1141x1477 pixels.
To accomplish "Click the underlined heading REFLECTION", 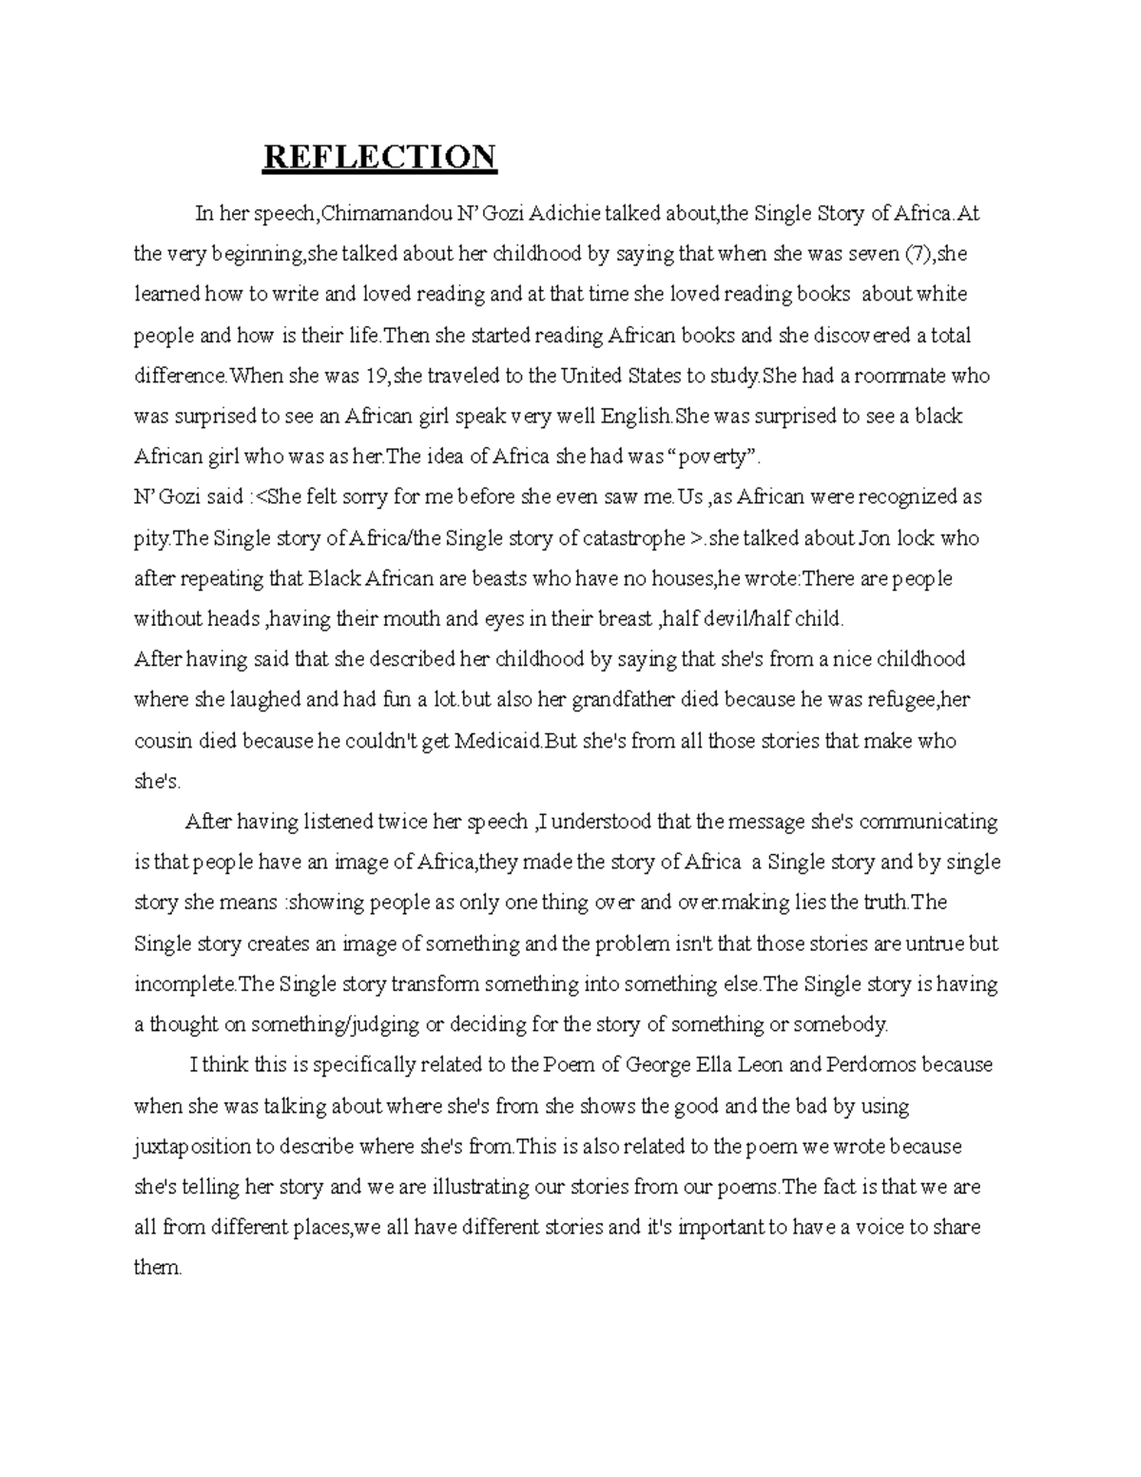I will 379,156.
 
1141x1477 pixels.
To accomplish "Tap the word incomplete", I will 184,984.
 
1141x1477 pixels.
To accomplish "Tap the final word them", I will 157,1268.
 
